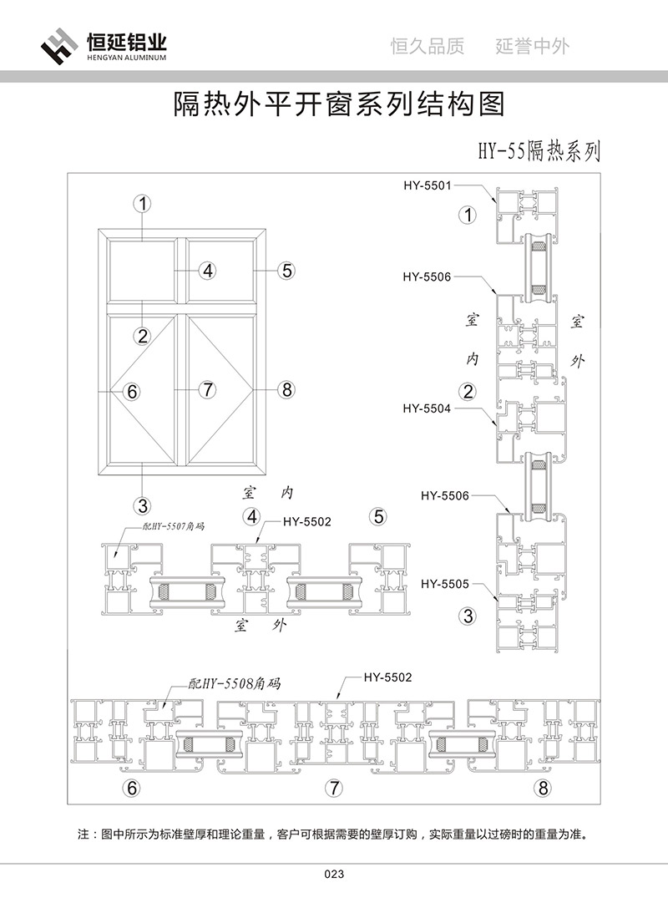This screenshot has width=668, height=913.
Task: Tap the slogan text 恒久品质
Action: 427,47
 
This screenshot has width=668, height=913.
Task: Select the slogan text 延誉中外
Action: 532,47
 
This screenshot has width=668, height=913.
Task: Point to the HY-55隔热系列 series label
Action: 538,150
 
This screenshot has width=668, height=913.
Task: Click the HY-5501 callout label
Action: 426,185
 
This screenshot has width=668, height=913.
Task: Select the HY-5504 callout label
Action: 426,408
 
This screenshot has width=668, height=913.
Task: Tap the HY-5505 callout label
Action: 444,583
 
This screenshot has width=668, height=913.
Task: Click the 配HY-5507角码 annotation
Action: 174,527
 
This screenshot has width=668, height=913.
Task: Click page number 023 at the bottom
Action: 334,875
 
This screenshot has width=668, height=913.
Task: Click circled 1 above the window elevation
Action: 144,203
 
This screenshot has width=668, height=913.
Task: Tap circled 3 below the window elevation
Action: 143,505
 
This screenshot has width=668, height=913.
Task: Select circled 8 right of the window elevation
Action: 286,389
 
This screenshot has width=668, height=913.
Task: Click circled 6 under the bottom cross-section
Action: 130,787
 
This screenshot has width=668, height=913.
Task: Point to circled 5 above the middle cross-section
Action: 379,516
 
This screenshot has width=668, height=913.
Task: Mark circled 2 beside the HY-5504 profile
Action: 468,390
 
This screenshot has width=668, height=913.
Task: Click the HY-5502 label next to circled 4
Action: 307,522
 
